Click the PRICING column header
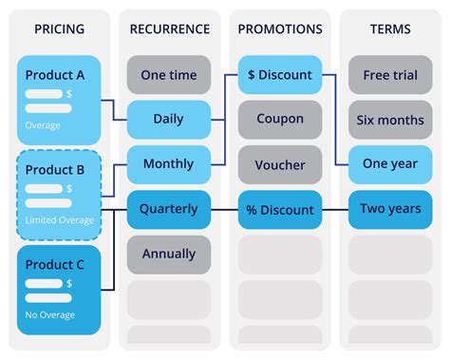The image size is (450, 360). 58,29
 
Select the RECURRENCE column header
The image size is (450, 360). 169,29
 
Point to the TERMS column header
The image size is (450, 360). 389,29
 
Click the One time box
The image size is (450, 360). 169,75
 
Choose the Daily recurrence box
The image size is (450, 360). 169,120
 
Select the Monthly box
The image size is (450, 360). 169,164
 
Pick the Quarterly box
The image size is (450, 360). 169,209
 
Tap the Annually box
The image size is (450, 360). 169,254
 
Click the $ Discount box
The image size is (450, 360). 279,75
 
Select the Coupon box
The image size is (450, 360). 279,120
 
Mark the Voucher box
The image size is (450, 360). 279,164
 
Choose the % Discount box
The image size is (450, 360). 279,209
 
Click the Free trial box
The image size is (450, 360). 389,75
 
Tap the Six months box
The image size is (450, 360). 389,120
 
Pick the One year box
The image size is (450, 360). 389,164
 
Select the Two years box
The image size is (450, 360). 389,209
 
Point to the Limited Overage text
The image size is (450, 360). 61,220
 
